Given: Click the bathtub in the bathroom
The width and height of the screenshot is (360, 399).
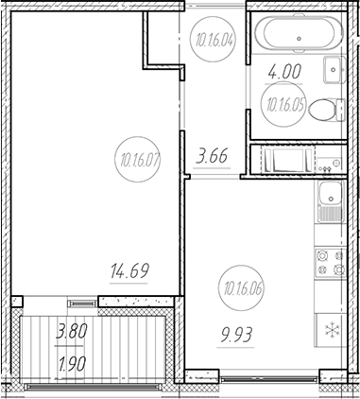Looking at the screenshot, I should (298, 37).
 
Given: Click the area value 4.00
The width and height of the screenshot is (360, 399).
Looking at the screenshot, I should (284, 70).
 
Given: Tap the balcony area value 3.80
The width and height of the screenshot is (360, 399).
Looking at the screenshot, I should (72, 333).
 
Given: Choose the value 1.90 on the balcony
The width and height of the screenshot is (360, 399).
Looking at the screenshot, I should (72, 364).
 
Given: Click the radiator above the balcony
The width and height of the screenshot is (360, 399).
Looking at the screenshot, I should (80, 304).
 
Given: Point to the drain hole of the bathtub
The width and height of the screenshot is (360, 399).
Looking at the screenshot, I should (299, 38).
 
